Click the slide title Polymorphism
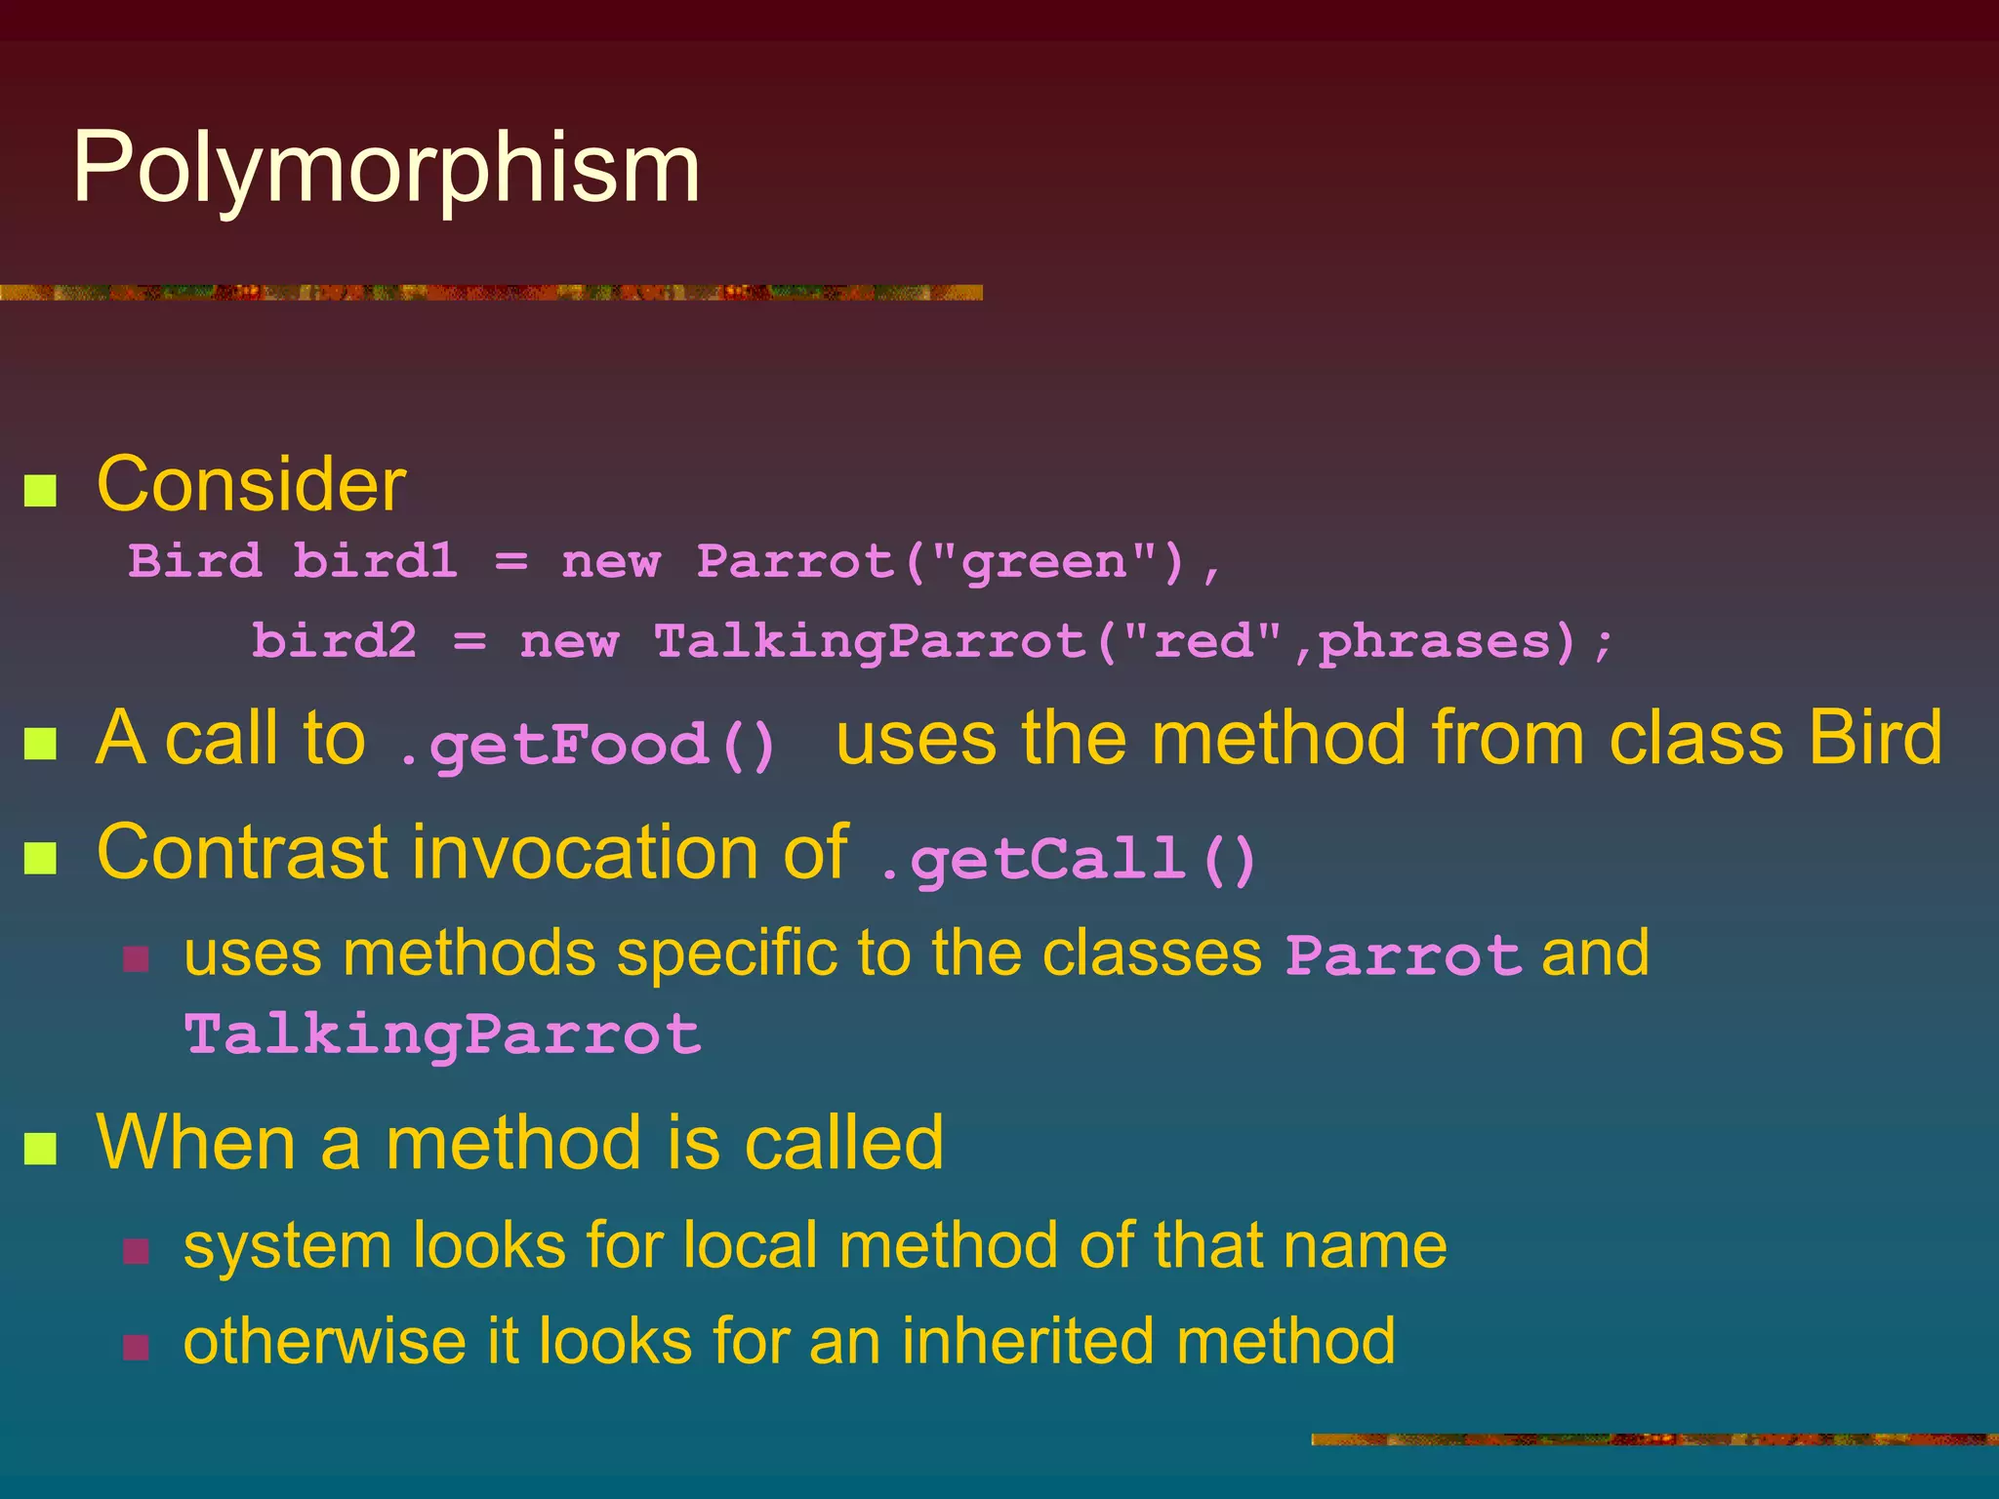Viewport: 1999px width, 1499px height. (387, 168)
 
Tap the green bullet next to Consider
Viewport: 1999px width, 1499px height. (40, 490)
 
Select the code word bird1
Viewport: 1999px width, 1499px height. (375, 561)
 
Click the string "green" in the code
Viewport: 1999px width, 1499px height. (1043, 561)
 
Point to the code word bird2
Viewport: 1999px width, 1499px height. (334, 641)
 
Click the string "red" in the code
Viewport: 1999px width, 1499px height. (1202, 641)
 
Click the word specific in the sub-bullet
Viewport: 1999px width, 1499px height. (726, 953)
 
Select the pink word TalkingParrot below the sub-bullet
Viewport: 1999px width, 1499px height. (442, 1034)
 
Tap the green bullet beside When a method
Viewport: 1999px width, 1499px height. (40, 1149)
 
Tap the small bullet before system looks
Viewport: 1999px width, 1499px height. (137, 1251)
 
